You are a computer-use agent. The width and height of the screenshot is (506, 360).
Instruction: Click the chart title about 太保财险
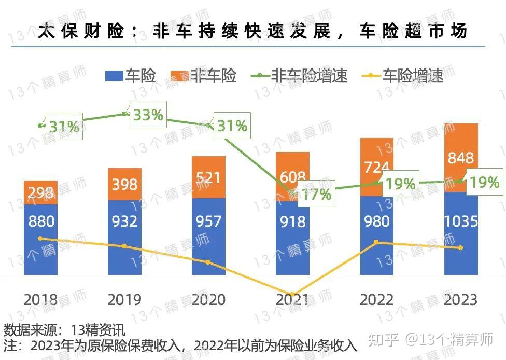[x=252, y=31]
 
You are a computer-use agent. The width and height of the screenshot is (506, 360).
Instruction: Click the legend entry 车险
[x=131, y=76]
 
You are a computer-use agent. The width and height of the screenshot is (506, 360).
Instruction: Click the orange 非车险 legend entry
[x=205, y=76]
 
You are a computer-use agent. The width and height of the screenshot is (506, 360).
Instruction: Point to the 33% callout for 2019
[x=148, y=115]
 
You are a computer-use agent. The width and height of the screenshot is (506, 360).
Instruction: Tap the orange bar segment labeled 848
[x=461, y=158]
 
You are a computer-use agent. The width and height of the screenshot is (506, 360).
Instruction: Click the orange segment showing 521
[x=208, y=178]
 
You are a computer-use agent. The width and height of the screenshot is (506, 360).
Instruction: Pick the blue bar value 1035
[x=461, y=222]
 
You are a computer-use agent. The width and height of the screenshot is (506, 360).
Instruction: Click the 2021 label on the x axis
[x=292, y=300]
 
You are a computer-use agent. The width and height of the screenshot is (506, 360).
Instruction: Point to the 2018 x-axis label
[x=41, y=300]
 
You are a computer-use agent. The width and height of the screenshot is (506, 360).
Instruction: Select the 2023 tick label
[x=461, y=300]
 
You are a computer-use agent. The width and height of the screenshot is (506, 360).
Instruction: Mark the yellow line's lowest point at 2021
[x=292, y=295]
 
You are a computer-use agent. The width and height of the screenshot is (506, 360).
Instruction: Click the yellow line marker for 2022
[x=377, y=242]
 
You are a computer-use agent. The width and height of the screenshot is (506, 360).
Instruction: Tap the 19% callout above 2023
[x=485, y=182]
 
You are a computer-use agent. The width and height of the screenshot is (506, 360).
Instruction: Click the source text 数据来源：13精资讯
[x=65, y=329]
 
